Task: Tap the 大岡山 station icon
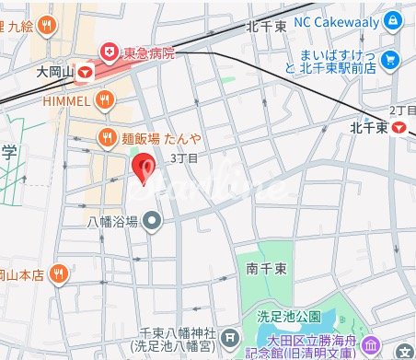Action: tap(86, 70)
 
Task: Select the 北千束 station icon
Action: tap(398, 128)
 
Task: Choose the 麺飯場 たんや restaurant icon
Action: tap(106, 138)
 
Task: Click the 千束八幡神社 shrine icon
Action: tap(231, 337)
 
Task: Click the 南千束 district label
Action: tap(265, 270)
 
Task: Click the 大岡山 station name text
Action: tap(55, 70)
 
